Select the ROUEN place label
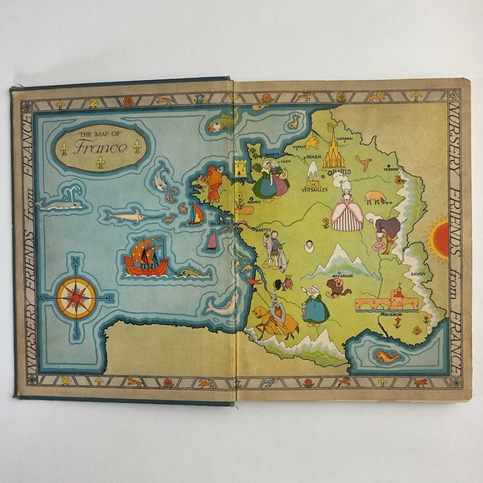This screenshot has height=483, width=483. tap(313, 156)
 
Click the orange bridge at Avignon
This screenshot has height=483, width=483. tap(388, 301)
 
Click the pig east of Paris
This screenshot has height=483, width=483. tap(376, 197)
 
